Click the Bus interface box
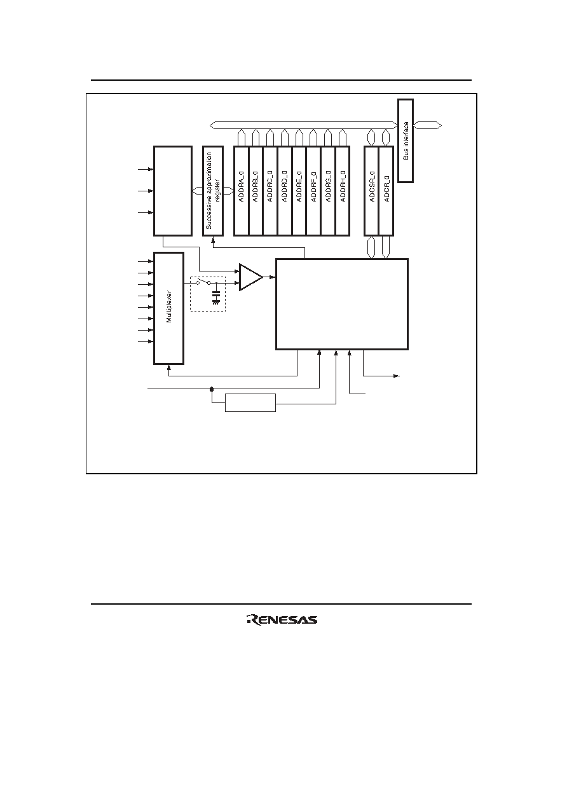406,141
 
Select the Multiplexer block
169,308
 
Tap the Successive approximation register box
213,191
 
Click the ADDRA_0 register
241,191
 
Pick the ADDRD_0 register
285,191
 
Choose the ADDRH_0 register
343,191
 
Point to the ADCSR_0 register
372,191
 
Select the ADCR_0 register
386,191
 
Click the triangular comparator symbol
251,277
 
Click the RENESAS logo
282,620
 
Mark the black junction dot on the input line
212,388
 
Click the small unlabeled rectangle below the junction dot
250,403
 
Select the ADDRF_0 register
314,191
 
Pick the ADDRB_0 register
256,191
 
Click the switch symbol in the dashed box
203,282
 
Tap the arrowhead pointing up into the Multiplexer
169,367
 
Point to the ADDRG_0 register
328,191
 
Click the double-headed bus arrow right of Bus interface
428,125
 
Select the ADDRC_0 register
270,191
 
